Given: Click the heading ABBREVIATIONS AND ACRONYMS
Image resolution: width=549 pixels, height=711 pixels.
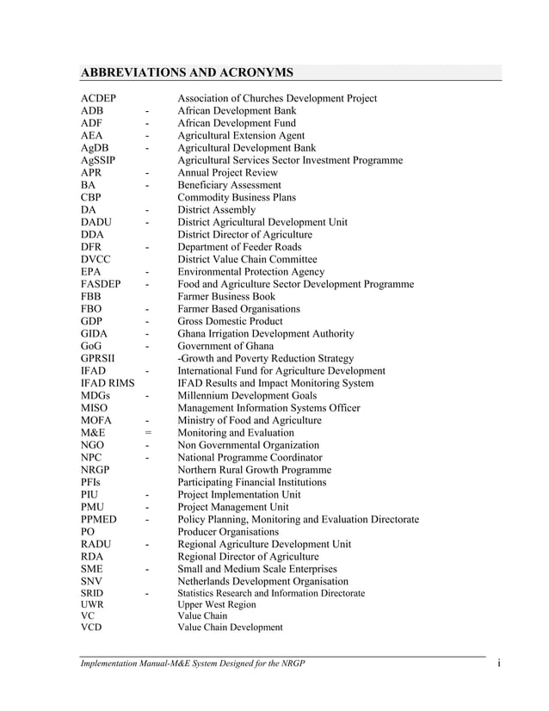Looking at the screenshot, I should click(187, 71).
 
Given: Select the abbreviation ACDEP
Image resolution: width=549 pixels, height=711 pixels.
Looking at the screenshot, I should click(99, 98).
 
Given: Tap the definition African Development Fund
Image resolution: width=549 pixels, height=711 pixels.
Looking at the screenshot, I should click(236, 123).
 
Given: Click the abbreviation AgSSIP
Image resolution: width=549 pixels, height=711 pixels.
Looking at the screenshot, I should click(99, 160).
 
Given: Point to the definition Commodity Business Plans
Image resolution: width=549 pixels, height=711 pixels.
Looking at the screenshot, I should click(237, 197).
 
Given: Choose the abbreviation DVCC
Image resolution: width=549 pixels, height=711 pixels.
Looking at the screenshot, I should click(96, 259).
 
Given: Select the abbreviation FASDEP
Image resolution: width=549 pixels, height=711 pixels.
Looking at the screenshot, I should click(101, 284).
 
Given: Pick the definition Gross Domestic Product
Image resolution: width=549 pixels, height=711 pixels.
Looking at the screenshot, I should click(230, 321).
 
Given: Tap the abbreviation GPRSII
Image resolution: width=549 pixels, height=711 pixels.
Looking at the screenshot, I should click(99, 358).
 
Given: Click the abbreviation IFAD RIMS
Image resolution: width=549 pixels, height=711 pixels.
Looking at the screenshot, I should click(108, 383).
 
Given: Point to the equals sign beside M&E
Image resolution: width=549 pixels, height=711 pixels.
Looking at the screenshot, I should click(148, 433).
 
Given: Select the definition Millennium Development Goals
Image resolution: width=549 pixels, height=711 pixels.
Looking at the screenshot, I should click(248, 396).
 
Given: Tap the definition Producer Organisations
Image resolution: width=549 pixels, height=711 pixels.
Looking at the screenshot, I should click(228, 532).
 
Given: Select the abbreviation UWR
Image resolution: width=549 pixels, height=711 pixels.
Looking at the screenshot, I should click(93, 605).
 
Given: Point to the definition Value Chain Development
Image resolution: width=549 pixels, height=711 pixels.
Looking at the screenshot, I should click(230, 628).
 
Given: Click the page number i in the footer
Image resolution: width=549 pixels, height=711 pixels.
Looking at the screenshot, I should click(499, 662).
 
